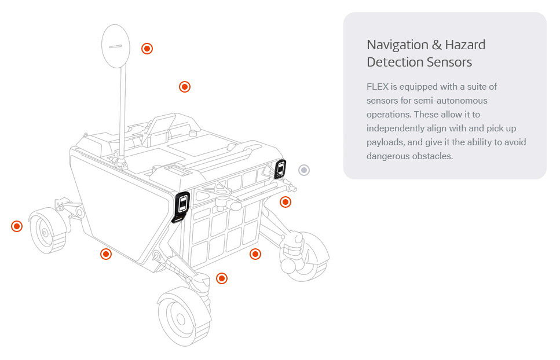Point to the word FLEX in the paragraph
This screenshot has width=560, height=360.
point(377,87)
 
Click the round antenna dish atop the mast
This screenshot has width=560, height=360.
point(116,46)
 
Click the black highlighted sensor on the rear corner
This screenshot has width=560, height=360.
point(280,168)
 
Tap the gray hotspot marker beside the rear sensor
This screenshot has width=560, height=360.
point(304,170)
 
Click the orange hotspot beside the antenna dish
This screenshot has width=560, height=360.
point(147,49)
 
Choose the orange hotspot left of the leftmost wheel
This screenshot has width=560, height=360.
point(17,226)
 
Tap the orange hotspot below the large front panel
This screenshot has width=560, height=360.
point(105,254)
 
